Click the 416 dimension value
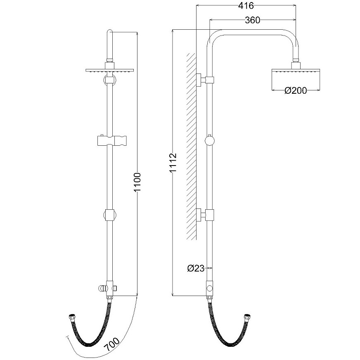pos(246,5)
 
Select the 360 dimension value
pos(252,20)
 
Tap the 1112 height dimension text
pos(173,163)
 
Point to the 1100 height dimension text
pos(137,182)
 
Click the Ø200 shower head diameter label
pos(296,90)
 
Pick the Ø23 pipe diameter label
pos(196,268)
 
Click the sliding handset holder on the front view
pos(112,140)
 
